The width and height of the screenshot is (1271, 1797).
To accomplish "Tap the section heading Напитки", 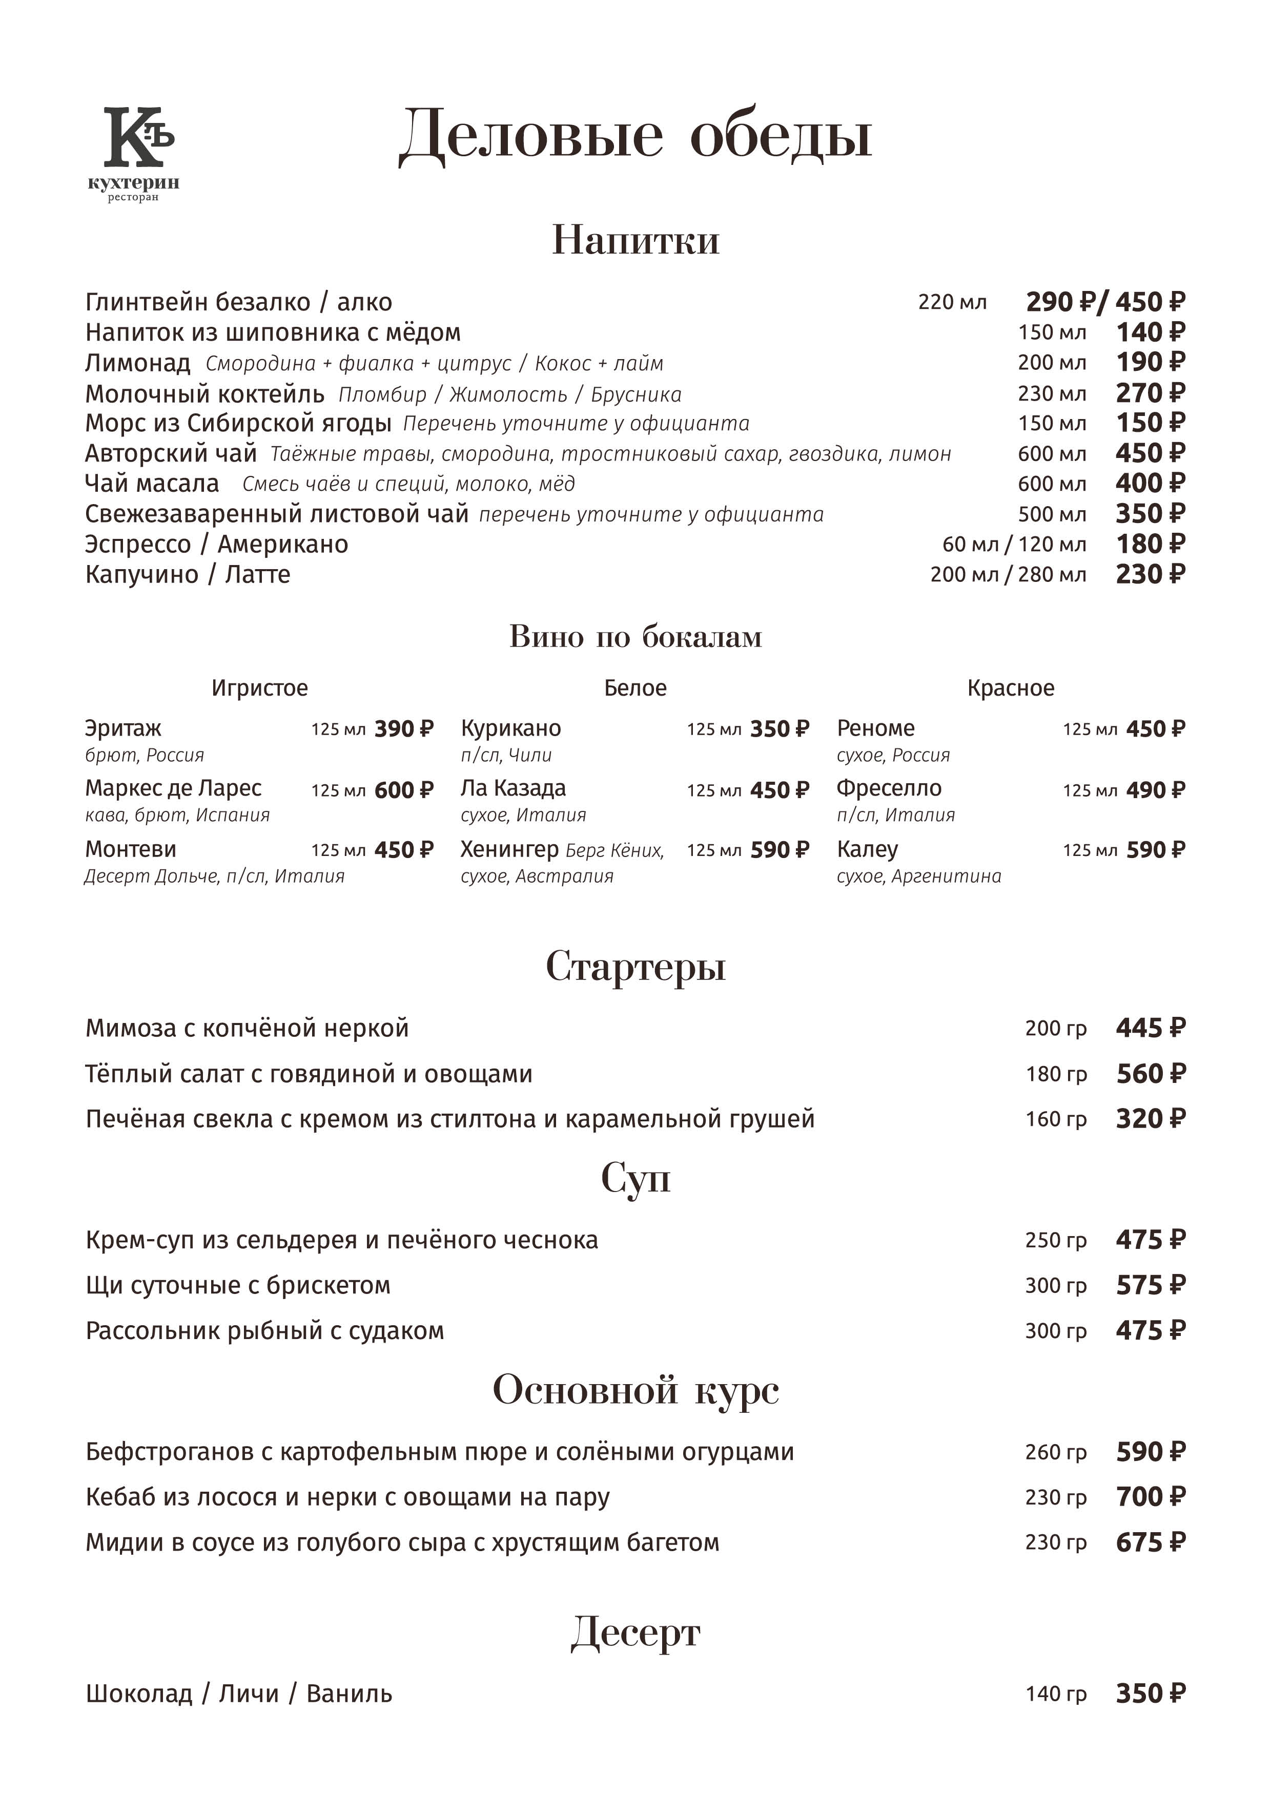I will pyautogui.click(x=635, y=240).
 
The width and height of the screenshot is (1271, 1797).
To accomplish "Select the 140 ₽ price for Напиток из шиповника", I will pyautogui.click(x=1150, y=332).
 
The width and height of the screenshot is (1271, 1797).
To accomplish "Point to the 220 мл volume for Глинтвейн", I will pyautogui.click(x=952, y=302).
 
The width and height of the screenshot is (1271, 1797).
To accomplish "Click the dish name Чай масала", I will pyautogui.click(x=152, y=484).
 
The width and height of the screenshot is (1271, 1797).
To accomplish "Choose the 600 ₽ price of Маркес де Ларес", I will pyautogui.click(x=403, y=790).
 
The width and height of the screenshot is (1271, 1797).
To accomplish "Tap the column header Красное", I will pyautogui.click(x=1010, y=688).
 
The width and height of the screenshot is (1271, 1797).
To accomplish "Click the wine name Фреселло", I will pyautogui.click(x=889, y=788).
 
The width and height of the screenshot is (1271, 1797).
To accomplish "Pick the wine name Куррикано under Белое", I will pyautogui.click(x=510, y=728).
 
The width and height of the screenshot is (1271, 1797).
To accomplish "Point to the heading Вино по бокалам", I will pyautogui.click(x=635, y=636).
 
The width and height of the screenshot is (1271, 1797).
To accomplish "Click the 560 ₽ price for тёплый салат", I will pyautogui.click(x=1150, y=1074).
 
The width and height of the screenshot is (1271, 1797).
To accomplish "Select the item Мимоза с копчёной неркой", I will pyautogui.click(x=247, y=1029).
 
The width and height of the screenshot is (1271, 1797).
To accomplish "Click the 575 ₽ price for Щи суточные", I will pyautogui.click(x=1150, y=1285).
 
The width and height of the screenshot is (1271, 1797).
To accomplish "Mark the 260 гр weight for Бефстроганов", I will pyautogui.click(x=1056, y=1453).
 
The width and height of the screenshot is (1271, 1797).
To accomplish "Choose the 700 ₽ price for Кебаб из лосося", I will pyautogui.click(x=1150, y=1497).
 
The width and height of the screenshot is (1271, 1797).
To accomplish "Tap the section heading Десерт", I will pyautogui.click(x=635, y=1634).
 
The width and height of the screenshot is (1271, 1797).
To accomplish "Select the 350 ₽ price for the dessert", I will pyautogui.click(x=1150, y=1694).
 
